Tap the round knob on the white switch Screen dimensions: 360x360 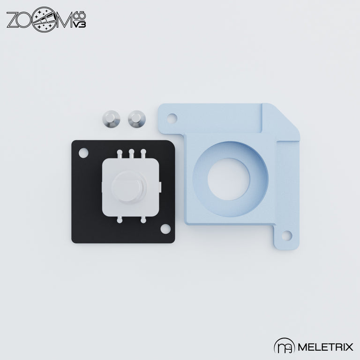pyautogui.click(x=127, y=186)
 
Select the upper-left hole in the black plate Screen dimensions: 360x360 pyautogui.click(x=84, y=152)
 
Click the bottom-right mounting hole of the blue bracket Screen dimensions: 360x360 pyautogui.click(x=287, y=235)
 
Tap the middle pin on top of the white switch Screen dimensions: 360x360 pyautogui.click(x=132, y=153)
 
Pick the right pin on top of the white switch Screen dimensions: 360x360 pyautogui.click(x=143, y=153)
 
